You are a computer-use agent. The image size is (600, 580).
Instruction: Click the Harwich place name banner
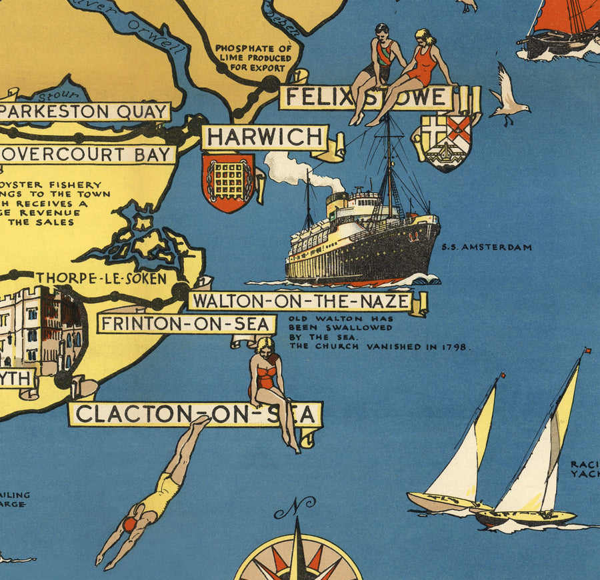click(265, 137)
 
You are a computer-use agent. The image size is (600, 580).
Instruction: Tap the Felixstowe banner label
click(365, 98)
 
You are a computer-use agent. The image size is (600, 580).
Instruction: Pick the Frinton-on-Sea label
click(186, 325)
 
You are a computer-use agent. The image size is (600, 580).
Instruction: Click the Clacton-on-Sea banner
click(195, 415)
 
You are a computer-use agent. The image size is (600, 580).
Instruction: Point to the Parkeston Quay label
click(85, 111)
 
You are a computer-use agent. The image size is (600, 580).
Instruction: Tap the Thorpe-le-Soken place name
click(101, 278)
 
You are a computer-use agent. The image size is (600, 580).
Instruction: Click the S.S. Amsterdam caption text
click(486, 247)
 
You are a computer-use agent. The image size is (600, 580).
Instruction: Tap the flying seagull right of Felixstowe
click(509, 97)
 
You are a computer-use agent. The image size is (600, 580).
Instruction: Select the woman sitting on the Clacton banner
click(269, 387)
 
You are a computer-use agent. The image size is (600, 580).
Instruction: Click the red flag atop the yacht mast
click(587, 351)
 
